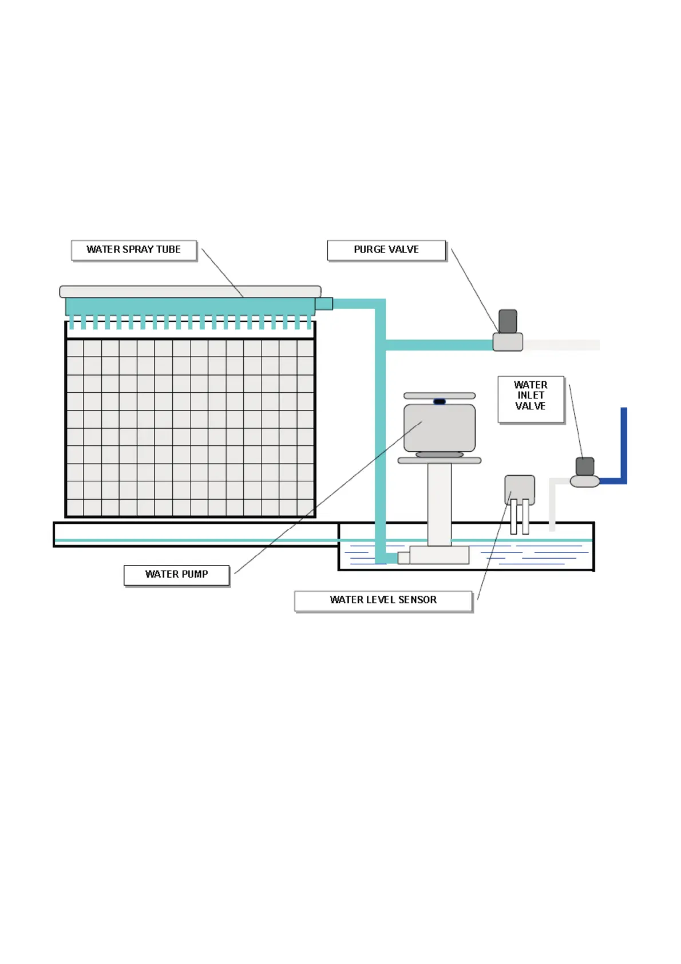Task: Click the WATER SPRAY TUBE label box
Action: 134,250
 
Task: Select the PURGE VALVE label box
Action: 386,250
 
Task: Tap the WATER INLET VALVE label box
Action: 530,399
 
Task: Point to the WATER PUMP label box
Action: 176,575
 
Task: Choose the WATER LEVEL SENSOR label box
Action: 383,600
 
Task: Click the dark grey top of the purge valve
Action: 508,321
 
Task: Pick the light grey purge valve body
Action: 508,342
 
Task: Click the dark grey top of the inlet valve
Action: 584,466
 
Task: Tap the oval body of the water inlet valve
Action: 584,481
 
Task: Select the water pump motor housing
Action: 440,428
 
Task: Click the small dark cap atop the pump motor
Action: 440,401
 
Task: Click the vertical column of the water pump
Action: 440,504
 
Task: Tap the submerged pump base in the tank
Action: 439,555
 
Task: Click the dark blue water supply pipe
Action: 623,447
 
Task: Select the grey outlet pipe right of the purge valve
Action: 561,345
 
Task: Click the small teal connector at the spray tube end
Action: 324,303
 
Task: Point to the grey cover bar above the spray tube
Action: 190,291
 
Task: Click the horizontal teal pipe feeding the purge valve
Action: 438,345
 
